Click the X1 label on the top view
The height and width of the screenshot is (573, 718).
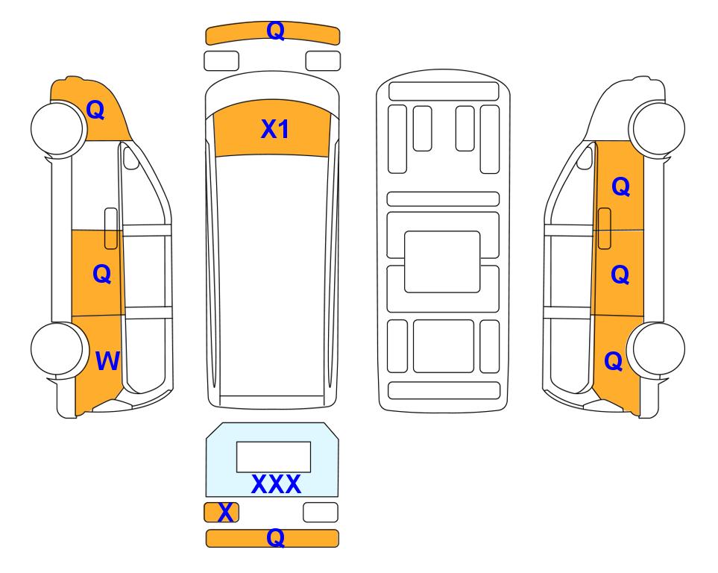[x=274, y=129]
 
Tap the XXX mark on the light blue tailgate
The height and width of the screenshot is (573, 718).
[x=276, y=484]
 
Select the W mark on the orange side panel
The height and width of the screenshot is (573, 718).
[x=107, y=361]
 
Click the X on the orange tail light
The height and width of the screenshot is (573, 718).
[x=225, y=513]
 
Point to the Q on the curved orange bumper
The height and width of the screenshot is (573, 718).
[x=276, y=31]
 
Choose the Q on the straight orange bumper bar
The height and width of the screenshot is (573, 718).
[x=275, y=537]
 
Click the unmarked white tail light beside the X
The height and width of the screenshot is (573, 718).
[x=321, y=512]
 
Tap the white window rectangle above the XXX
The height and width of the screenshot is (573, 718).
[x=274, y=457]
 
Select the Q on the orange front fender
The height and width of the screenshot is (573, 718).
[x=95, y=110]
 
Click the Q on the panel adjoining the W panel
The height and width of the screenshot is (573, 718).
[x=101, y=274]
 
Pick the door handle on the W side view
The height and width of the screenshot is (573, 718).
[x=111, y=228]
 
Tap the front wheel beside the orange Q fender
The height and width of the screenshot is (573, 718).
[x=58, y=128]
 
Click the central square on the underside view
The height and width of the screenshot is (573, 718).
[x=442, y=262]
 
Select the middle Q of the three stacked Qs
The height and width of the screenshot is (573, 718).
[x=620, y=275]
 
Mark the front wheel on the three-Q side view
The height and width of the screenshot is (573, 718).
[x=658, y=129]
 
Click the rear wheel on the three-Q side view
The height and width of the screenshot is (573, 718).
[x=658, y=349]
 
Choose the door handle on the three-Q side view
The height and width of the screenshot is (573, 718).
[x=605, y=228]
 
